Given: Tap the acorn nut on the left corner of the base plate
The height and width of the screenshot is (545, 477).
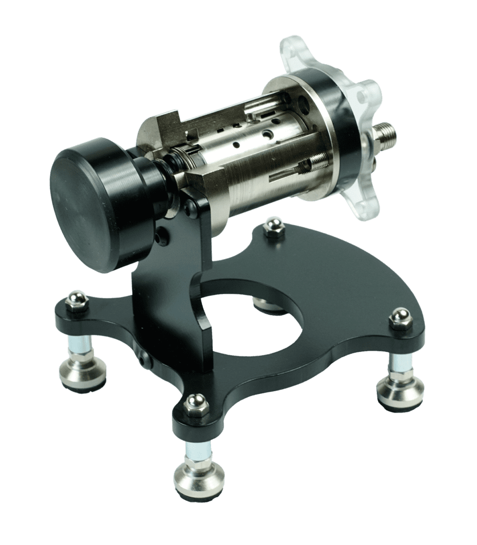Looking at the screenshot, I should click(x=78, y=301).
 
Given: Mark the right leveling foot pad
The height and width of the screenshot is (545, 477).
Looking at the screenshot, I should click(x=400, y=391).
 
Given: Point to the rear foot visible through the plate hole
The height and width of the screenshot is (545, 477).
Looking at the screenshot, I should click(x=266, y=304).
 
